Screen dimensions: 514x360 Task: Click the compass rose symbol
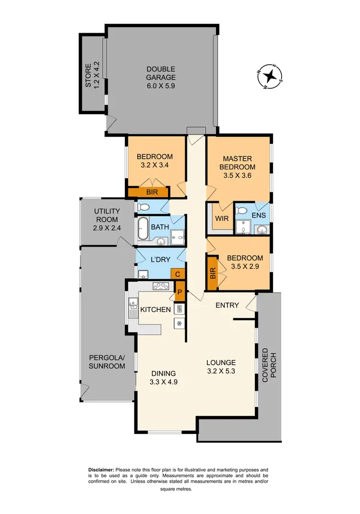click(271, 76)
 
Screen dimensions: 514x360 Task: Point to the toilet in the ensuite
click(242, 211)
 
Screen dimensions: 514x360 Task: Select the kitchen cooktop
click(160, 286)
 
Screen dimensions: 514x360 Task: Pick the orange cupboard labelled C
click(178, 275)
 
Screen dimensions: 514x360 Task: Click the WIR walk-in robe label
click(221, 218)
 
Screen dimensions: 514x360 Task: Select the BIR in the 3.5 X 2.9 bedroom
click(212, 274)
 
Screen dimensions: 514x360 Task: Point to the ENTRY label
click(228, 305)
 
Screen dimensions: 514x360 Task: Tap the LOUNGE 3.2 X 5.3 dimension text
click(221, 371)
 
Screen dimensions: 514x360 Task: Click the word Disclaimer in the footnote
click(101, 469)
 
